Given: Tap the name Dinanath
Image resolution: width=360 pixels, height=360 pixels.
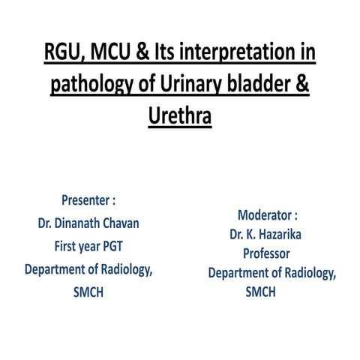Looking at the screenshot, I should pos(72,223).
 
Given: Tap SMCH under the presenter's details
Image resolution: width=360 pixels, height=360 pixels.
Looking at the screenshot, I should pos(88,292).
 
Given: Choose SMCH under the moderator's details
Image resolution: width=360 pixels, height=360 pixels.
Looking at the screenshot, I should pos(260,292).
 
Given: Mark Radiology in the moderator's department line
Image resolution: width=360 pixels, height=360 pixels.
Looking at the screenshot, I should pos(304,273).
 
